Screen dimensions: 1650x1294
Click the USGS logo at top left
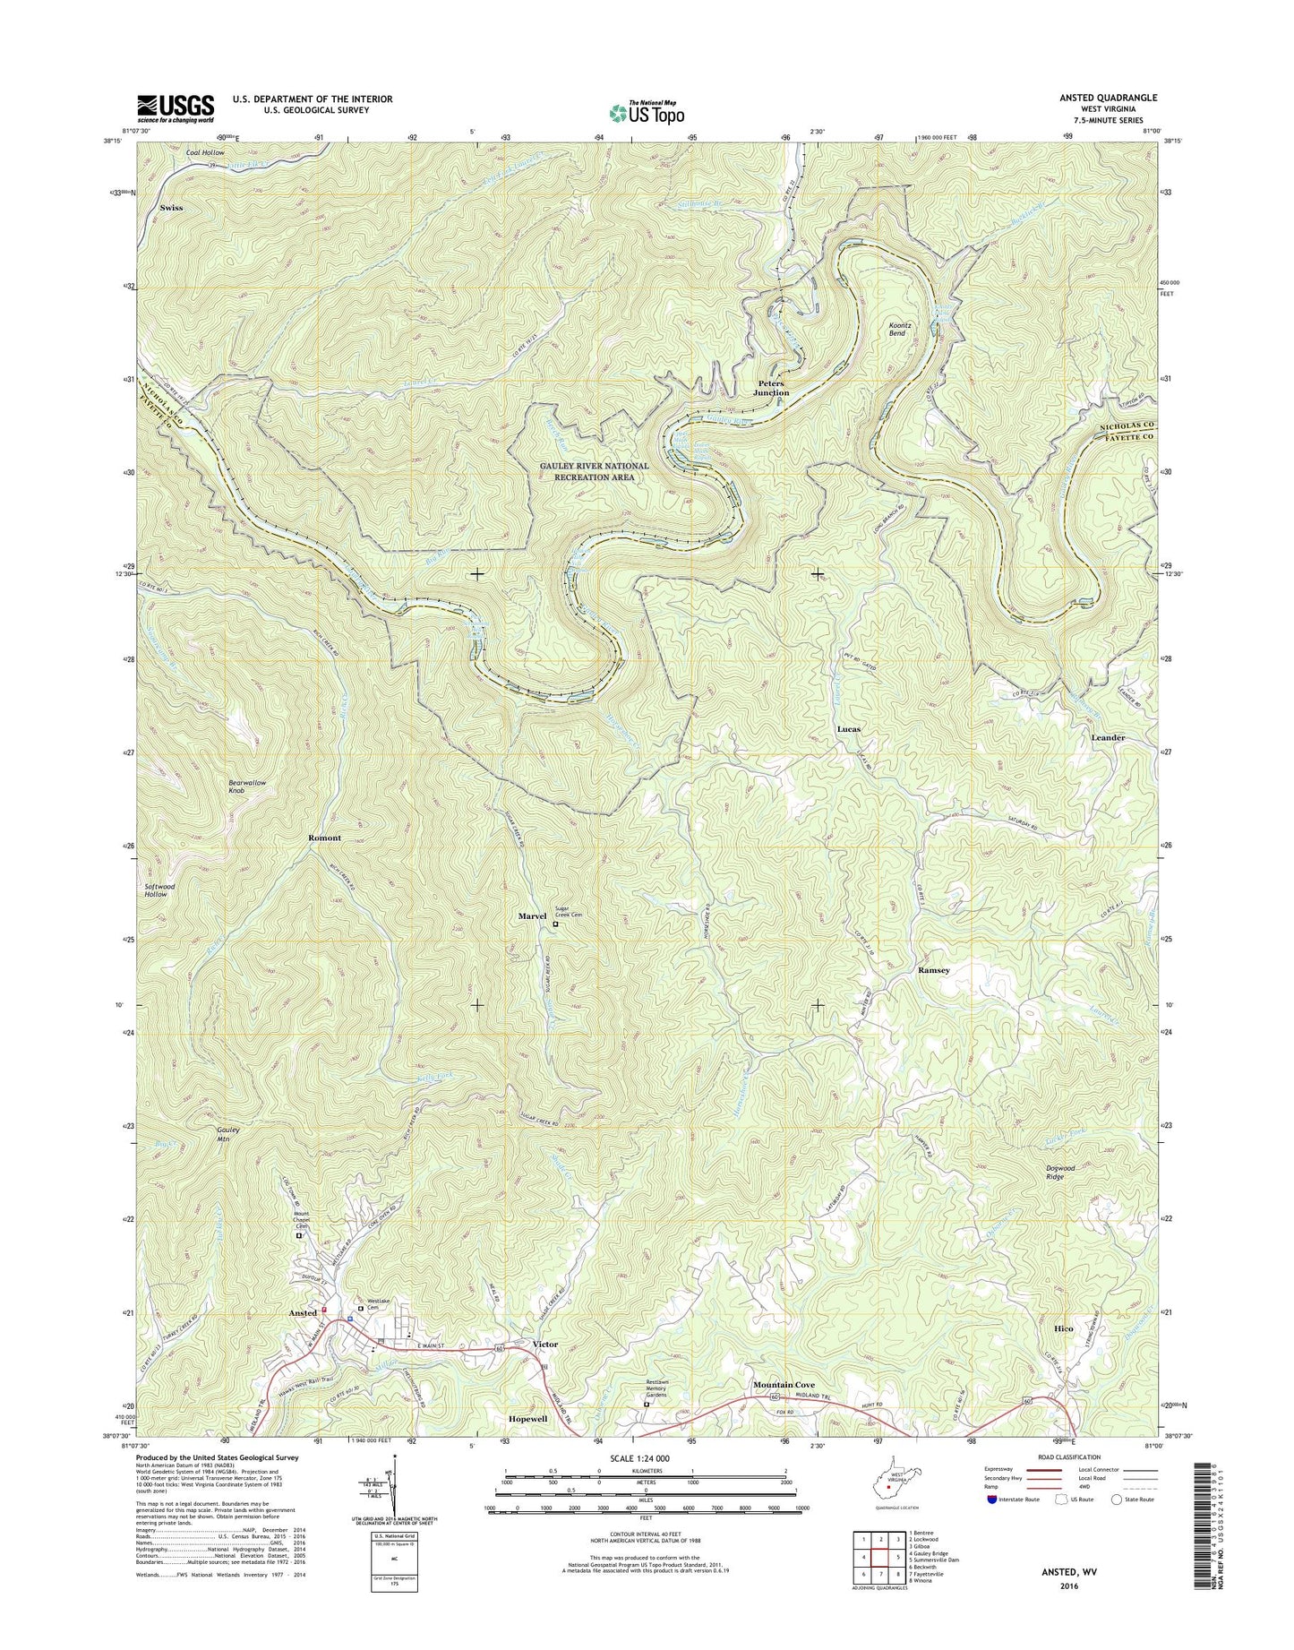(x=176, y=107)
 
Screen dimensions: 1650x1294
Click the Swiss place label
(x=171, y=208)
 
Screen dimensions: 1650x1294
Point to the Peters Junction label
(x=771, y=388)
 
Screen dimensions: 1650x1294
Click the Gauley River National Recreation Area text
(x=594, y=472)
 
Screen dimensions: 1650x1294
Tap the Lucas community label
(x=848, y=729)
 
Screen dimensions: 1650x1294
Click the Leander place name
(x=1108, y=737)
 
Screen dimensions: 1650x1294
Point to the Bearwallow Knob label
(x=247, y=787)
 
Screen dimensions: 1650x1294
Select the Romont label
(x=324, y=838)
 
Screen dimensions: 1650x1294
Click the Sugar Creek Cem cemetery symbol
(x=554, y=924)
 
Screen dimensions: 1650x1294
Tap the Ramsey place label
(x=933, y=970)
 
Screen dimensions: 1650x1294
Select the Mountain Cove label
(x=784, y=1385)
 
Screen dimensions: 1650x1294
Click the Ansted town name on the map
(x=303, y=1313)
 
